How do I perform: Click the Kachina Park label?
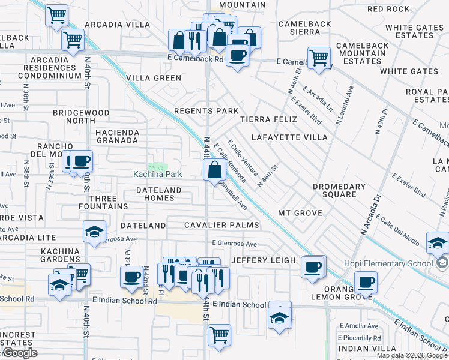[157, 174]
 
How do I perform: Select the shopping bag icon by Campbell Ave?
[214, 170]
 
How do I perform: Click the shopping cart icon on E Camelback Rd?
[319, 58]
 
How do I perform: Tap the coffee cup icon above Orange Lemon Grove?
[365, 281]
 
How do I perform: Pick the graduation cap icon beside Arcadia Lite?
[94, 232]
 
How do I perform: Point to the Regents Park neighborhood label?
[206, 111]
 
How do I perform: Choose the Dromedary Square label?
[339, 190]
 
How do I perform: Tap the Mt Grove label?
[300, 213]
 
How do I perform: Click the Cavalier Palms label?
[221, 225]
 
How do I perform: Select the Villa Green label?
[154, 78]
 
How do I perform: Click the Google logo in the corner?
[20, 353]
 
